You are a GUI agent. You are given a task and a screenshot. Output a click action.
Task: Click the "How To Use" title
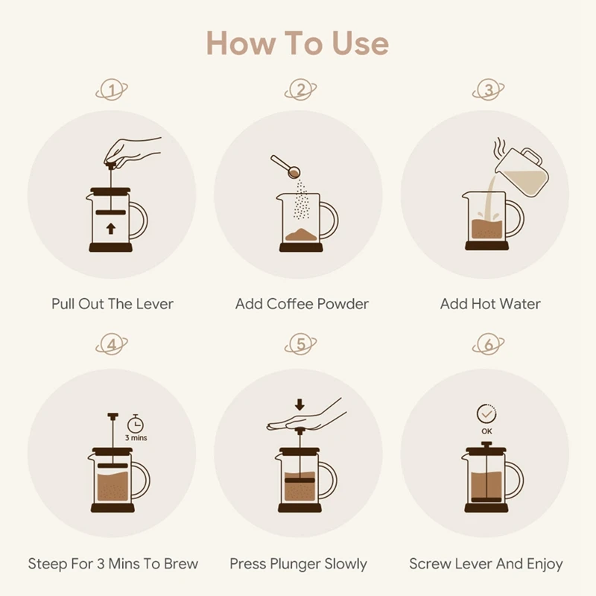(x=297, y=43)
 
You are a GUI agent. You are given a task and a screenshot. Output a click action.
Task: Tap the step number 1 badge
(x=112, y=89)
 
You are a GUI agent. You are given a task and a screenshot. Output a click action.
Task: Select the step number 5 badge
(x=300, y=344)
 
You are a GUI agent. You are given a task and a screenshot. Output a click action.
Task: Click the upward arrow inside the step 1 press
(x=110, y=229)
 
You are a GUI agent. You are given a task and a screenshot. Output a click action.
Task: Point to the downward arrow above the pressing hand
(x=299, y=405)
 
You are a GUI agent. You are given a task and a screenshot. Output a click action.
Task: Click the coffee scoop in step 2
(x=285, y=166)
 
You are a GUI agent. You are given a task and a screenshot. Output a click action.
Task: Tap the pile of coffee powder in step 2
(x=301, y=235)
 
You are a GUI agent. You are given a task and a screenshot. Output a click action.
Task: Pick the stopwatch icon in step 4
(x=136, y=424)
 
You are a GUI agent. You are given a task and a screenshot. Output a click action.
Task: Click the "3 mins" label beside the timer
(x=136, y=438)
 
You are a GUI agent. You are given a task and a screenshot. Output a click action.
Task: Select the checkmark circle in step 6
(x=486, y=413)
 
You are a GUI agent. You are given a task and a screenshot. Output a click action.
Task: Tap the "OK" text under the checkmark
(x=486, y=431)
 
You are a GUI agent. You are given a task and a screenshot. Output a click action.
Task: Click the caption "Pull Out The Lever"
(x=112, y=304)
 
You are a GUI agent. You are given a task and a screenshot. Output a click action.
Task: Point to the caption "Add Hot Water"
(x=490, y=304)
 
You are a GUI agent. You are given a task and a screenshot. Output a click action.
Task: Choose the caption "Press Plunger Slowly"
(x=299, y=564)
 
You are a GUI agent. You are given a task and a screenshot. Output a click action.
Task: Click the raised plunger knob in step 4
(x=113, y=416)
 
